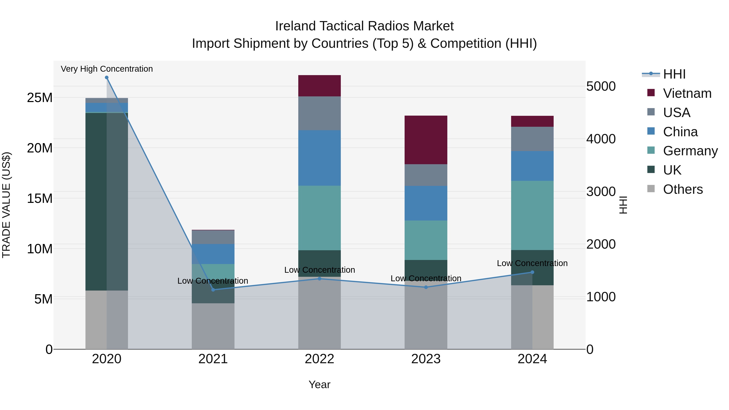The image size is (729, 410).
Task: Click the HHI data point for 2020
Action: [107, 78]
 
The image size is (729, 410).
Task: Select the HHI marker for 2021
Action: [213, 290]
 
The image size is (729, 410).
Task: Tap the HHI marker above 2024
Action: [532, 272]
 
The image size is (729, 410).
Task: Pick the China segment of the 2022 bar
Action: [320, 158]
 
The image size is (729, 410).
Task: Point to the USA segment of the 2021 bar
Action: [213, 237]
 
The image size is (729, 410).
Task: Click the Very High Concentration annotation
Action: [107, 69]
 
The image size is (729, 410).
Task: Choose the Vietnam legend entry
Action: [687, 93]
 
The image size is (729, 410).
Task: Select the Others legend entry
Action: [683, 189]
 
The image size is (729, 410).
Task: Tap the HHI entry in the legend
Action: [674, 74]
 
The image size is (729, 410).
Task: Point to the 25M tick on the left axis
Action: [40, 98]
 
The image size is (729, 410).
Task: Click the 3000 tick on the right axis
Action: [601, 192]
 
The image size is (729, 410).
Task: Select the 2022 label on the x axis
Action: [320, 359]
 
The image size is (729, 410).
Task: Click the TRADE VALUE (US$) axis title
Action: [6, 205]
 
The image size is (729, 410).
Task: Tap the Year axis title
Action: [320, 384]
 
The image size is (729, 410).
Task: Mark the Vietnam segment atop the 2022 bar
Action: [320, 86]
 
